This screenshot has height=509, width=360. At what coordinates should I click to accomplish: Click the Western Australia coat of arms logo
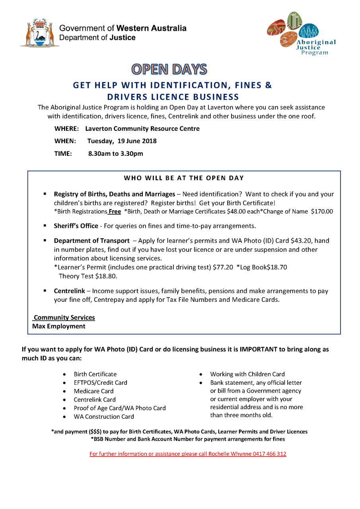(39, 33)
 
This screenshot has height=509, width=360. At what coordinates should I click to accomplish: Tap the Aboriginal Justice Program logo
(301, 35)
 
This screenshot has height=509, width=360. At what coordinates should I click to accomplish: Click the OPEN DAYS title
(169, 69)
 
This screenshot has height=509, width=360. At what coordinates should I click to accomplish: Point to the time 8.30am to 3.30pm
(115, 153)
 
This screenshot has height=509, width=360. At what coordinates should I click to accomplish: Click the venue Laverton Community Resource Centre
(142, 128)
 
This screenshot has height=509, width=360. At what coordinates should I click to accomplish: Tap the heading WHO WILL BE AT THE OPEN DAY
(184, 178)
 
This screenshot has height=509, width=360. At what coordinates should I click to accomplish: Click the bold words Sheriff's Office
(76, 226)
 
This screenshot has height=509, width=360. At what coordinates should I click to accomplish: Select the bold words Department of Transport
(91, 241)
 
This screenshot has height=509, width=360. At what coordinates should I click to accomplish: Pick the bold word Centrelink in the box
(69, 291)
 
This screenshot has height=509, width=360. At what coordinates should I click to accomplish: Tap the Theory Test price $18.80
(105, 276)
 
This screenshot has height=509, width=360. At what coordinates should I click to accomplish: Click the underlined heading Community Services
(64, 317)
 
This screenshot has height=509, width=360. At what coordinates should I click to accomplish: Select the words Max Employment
(59, 326)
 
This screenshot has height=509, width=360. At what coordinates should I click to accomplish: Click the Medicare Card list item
(93, 391)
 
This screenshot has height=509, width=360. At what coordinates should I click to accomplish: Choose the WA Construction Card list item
(104, 416)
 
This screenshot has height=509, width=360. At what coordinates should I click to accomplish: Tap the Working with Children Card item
(247, 374)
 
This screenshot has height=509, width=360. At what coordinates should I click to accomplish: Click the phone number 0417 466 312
(269, 454)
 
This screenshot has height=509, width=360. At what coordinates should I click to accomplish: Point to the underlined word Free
(115, 212)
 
